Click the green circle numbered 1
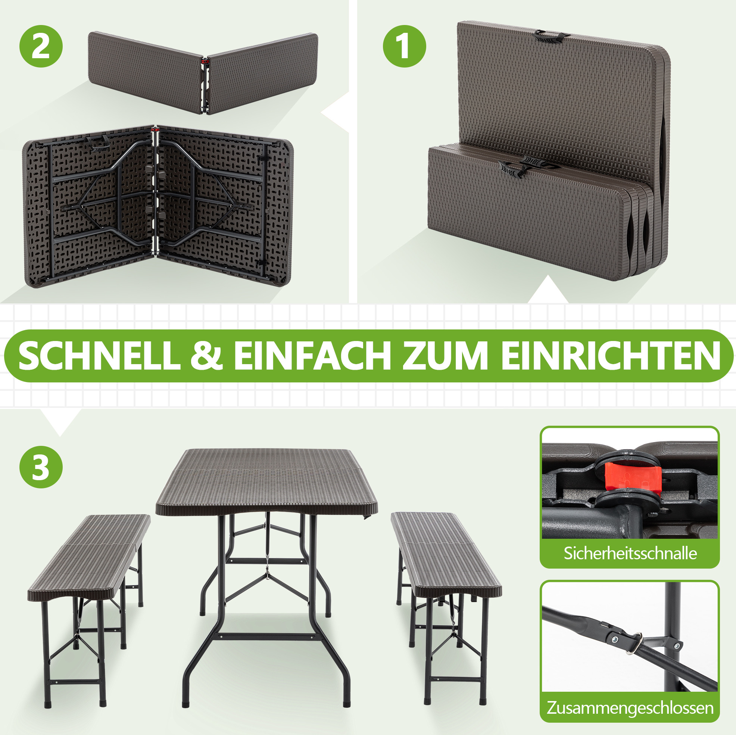(404, 47)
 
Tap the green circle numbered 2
(41, 47)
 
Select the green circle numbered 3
(41, 467)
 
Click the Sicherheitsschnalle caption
(630, 553)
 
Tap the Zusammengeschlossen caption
(630, 708)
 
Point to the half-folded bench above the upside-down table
(203, 72)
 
